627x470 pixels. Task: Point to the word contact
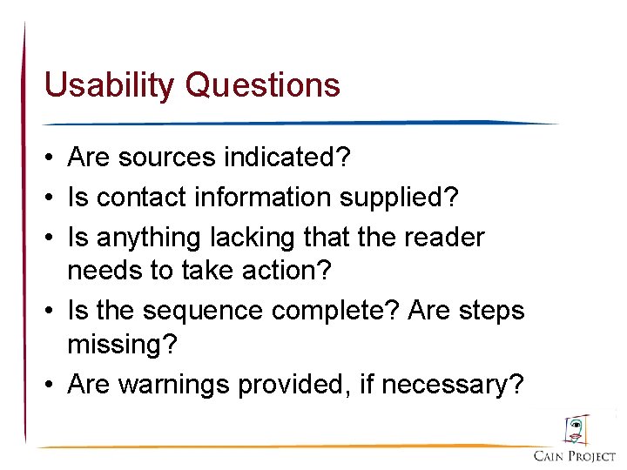point(141,198)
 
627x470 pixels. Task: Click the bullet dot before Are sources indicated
point(51,158)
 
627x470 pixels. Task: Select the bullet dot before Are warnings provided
point(51,385)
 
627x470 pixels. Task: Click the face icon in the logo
point(575,429)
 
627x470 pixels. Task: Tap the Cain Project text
point(575,456)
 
